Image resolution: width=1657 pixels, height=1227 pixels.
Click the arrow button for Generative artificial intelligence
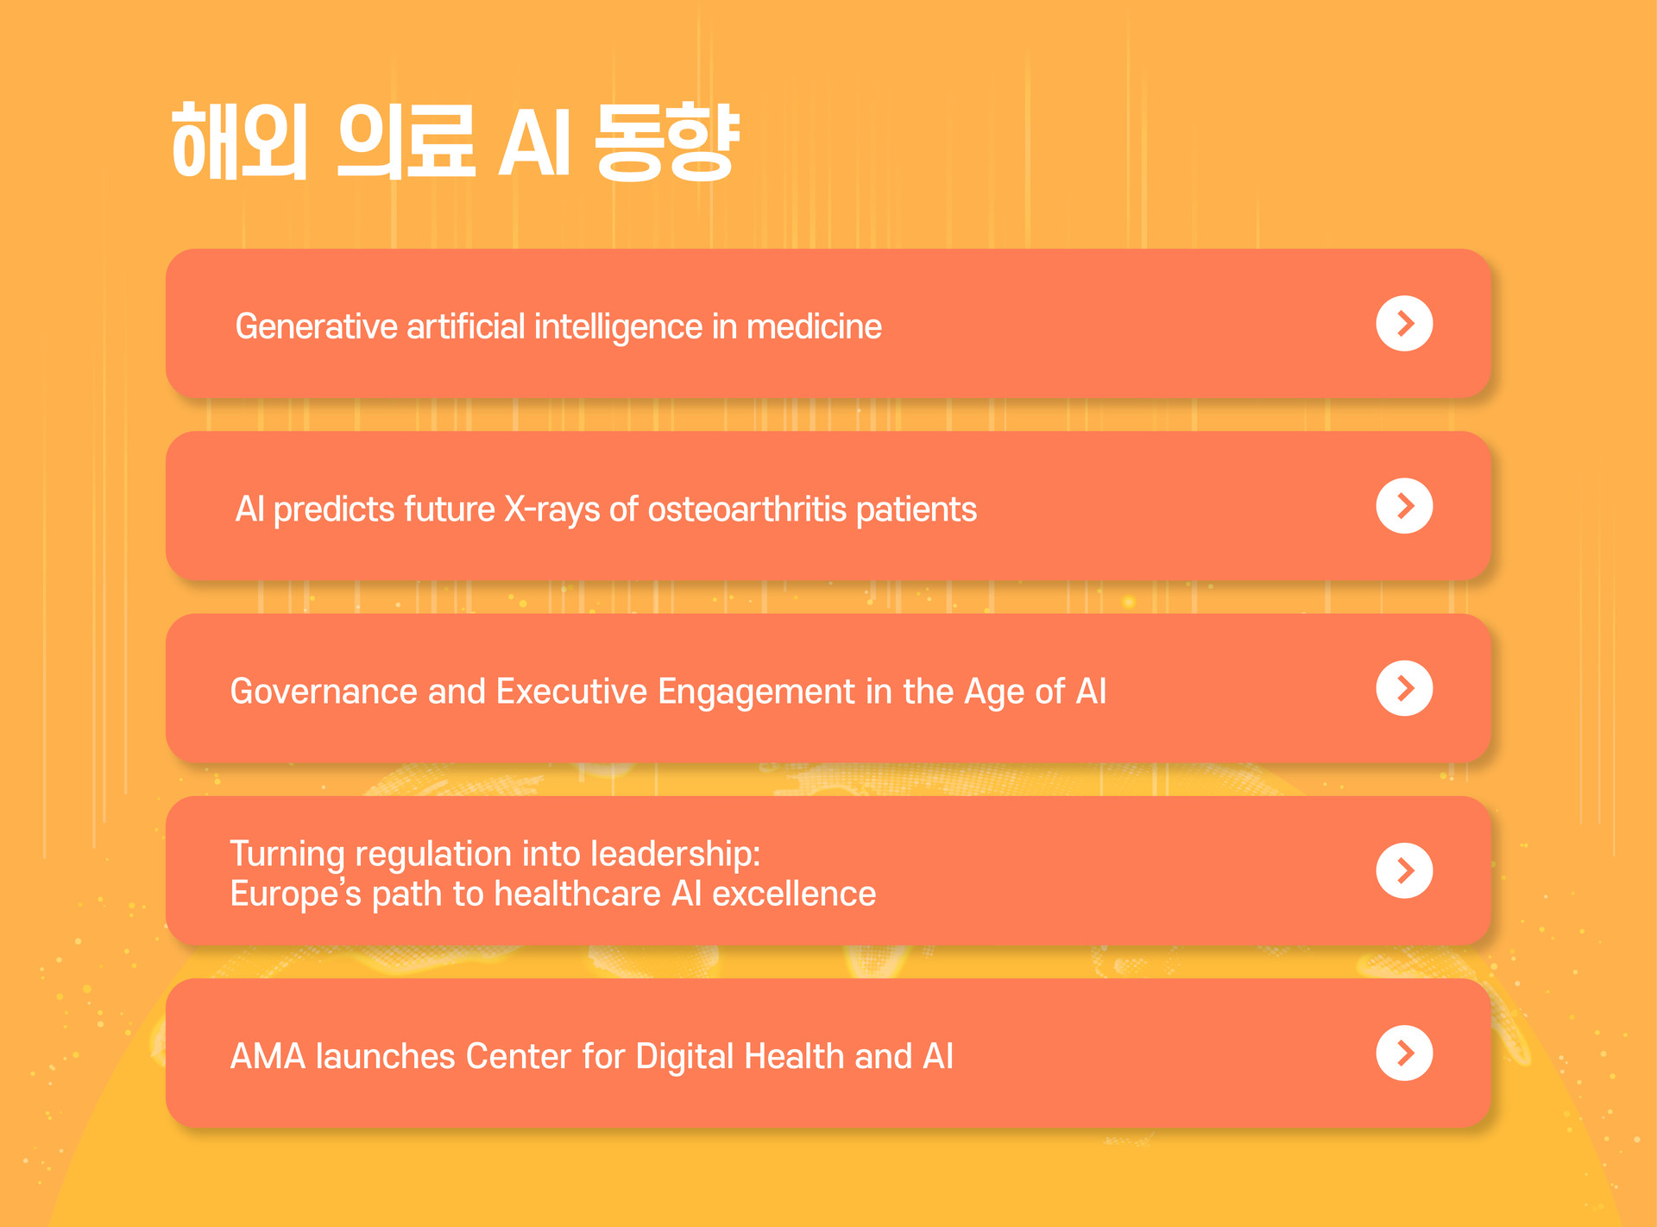tap(1404, 324)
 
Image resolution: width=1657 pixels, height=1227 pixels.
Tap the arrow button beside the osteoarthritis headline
tap(1404, 506)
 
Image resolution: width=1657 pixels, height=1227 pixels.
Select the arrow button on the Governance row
tap(1404, 688)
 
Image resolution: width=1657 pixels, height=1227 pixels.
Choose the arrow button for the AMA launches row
tap(1404, 1053)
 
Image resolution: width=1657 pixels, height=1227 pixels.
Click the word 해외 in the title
tap(240, 142)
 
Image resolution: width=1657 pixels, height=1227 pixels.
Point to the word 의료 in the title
tap(406, 142)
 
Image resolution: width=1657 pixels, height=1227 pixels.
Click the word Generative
tap(317, 326)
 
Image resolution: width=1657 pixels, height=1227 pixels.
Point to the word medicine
tap(814, 326)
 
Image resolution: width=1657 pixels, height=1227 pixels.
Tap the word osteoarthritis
tap(747, 509)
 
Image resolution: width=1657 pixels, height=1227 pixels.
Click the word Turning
tap(287, 855)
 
